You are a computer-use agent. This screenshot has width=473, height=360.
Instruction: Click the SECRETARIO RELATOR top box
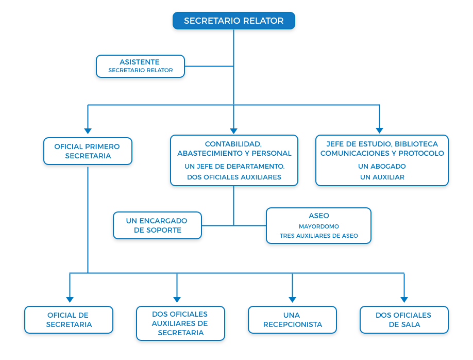point(234,21)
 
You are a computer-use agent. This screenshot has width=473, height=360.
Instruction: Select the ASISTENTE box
point(140,66)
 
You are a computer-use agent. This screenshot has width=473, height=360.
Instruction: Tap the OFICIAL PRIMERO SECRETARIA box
point(88,151)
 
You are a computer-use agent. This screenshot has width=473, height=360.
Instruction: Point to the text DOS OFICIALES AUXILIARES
point(234,177)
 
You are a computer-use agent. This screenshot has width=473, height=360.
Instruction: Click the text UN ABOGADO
point(382,167)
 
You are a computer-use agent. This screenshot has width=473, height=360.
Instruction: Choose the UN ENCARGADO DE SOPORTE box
point(158,225)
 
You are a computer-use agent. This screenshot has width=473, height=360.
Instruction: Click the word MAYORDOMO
point(319,226)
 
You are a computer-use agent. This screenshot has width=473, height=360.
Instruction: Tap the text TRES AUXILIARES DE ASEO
point(319,236)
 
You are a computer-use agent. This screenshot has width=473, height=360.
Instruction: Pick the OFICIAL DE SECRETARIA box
point(69,320)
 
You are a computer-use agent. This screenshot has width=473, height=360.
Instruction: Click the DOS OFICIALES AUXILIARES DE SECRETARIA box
point(180,323)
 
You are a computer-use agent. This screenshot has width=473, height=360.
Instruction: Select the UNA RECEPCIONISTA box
point(292,320)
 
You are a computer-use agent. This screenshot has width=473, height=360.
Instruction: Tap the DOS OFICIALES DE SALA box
point(404,320)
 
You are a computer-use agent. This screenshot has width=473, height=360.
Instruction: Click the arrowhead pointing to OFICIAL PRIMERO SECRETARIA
point(88,131)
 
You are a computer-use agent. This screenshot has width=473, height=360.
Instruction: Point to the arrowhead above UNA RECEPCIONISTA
point(292,300)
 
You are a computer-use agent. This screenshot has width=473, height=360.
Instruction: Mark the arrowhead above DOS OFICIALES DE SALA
point(404,300)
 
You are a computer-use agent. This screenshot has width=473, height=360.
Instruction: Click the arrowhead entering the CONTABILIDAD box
point(234,131)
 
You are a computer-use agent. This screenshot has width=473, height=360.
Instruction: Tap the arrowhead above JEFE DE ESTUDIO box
point(380,130)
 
